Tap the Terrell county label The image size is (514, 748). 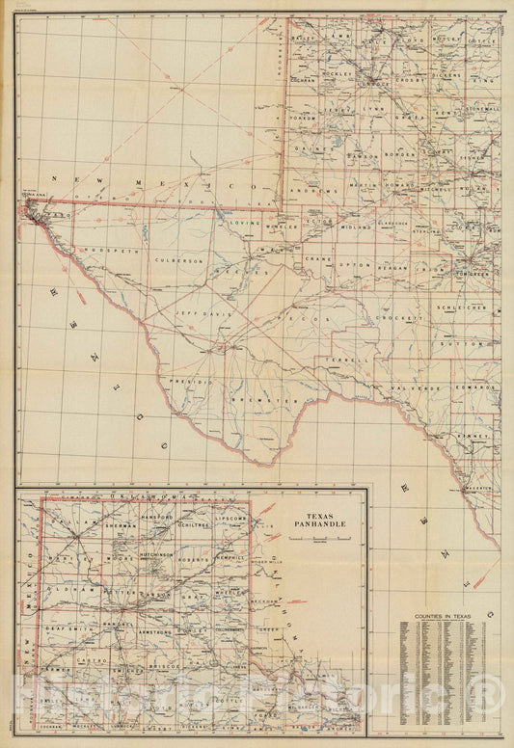[x=355, y=359]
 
